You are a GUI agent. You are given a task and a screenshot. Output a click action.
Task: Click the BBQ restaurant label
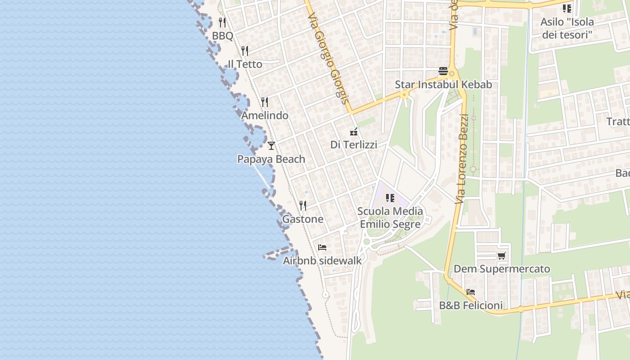tap(223, 36)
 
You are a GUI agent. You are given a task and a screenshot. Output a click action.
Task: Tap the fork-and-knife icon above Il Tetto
tap(244, 50)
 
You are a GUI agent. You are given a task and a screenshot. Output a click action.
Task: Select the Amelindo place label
tap(265, 116)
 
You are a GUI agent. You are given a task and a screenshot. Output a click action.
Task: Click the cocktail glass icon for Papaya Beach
tap(271, 145)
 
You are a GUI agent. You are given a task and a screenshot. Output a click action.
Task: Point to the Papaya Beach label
tap(271, 159)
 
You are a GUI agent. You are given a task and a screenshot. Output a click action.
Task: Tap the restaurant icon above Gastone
tap(303, 206)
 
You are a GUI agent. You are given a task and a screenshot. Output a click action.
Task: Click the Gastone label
tap(302, 219)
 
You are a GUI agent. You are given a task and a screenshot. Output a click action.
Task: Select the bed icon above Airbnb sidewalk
tap(322, 247)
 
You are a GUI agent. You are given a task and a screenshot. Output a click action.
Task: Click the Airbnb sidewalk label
tap(322, 261)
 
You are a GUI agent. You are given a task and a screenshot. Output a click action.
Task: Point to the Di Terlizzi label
tap(354, 145)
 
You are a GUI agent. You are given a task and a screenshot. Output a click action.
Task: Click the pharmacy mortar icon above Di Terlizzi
tap(354, 132)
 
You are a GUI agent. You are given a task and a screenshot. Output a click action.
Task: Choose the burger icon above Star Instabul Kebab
tap(443, 71)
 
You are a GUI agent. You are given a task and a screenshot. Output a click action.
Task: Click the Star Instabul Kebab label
tap(443, 85)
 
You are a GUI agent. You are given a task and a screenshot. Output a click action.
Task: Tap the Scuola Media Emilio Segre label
tap(390, 218)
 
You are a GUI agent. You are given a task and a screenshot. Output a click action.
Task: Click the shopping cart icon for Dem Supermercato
tap(501, 256)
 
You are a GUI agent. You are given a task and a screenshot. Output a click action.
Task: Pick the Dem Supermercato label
tap(502, 269)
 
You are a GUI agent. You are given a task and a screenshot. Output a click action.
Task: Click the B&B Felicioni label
tap(471, 306)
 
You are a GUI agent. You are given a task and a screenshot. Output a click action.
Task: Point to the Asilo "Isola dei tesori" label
tap(567, 28)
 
